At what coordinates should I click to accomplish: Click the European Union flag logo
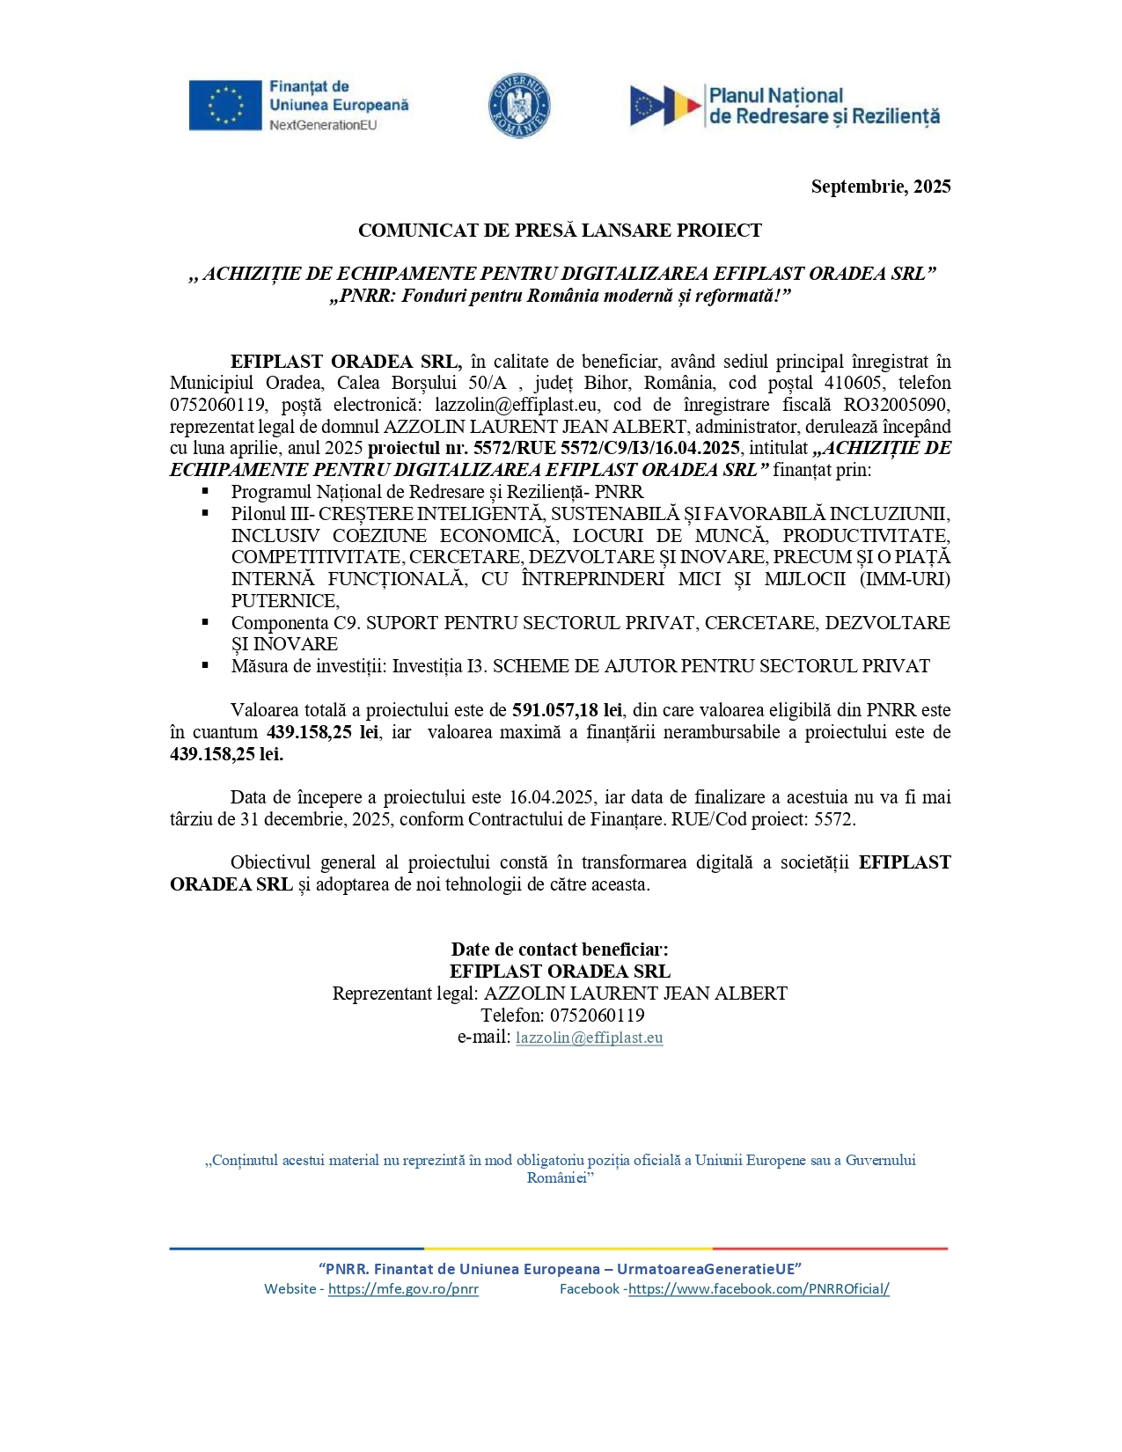click(225, 105)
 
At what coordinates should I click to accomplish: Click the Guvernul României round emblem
click(519, 105)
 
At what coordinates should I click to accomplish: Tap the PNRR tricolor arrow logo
click(665, 106)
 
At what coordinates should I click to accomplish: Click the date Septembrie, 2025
click(880, 187)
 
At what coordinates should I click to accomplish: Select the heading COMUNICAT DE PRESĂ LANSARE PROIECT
click(560, 231)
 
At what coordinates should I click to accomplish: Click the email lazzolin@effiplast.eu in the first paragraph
click(517, 405)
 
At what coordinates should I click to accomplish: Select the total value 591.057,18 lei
click(568, 710)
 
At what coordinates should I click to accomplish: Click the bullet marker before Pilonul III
click(205, 513)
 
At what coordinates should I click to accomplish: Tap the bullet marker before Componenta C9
click(205, 622)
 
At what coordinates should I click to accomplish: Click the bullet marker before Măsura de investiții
click(205, 665)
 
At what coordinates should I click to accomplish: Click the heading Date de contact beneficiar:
click(560, 950)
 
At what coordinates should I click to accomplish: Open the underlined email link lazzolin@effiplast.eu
click(590, 1038)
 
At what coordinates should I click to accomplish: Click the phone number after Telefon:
click(598, 1016)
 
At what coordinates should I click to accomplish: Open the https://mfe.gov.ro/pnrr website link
click(403, 1289)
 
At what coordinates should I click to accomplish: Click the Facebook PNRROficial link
click(759, 1289)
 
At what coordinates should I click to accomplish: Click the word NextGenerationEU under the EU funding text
click(323, 125)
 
